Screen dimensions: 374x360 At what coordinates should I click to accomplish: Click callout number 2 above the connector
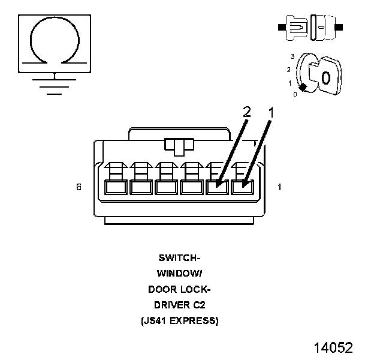point(247,112)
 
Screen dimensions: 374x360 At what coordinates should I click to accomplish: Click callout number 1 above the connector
point(271,112)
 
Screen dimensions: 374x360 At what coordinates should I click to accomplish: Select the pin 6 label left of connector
point(79,187)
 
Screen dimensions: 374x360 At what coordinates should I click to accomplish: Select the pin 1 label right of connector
point(279,187)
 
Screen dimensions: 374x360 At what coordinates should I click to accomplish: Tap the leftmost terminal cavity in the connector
point(115,187)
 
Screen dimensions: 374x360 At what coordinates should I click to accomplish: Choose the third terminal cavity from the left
point(166,187)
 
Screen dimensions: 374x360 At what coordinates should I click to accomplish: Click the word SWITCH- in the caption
point(179,258)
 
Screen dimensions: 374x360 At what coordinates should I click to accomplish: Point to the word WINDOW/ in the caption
point(179,274)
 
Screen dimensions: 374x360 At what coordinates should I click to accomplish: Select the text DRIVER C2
point(179,305)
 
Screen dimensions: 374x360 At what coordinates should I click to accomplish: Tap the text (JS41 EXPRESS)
point(179,320)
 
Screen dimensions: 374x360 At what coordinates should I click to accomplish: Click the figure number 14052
point(333,347)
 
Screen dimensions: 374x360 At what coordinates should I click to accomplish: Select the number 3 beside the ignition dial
point(292,56)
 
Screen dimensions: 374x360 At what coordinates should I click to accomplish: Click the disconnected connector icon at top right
point(310,28)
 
